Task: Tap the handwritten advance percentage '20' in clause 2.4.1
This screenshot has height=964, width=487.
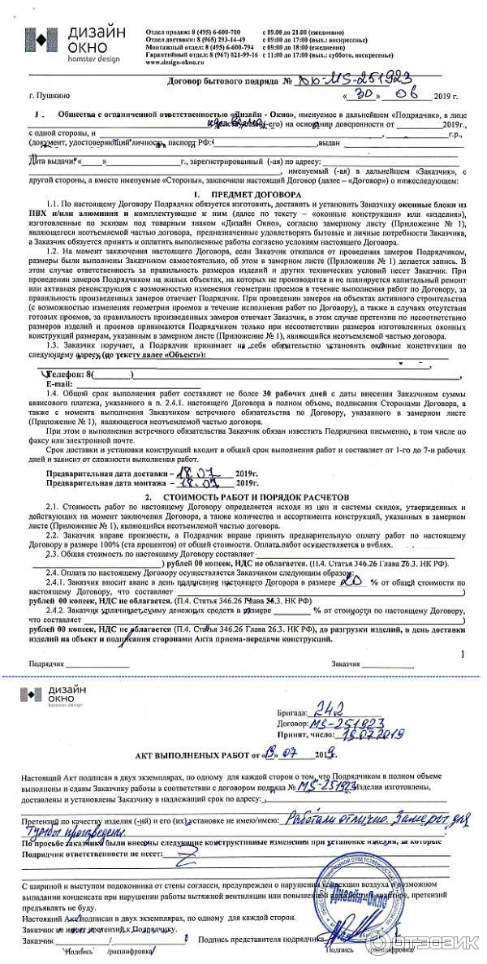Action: click(x=351, y=581)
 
